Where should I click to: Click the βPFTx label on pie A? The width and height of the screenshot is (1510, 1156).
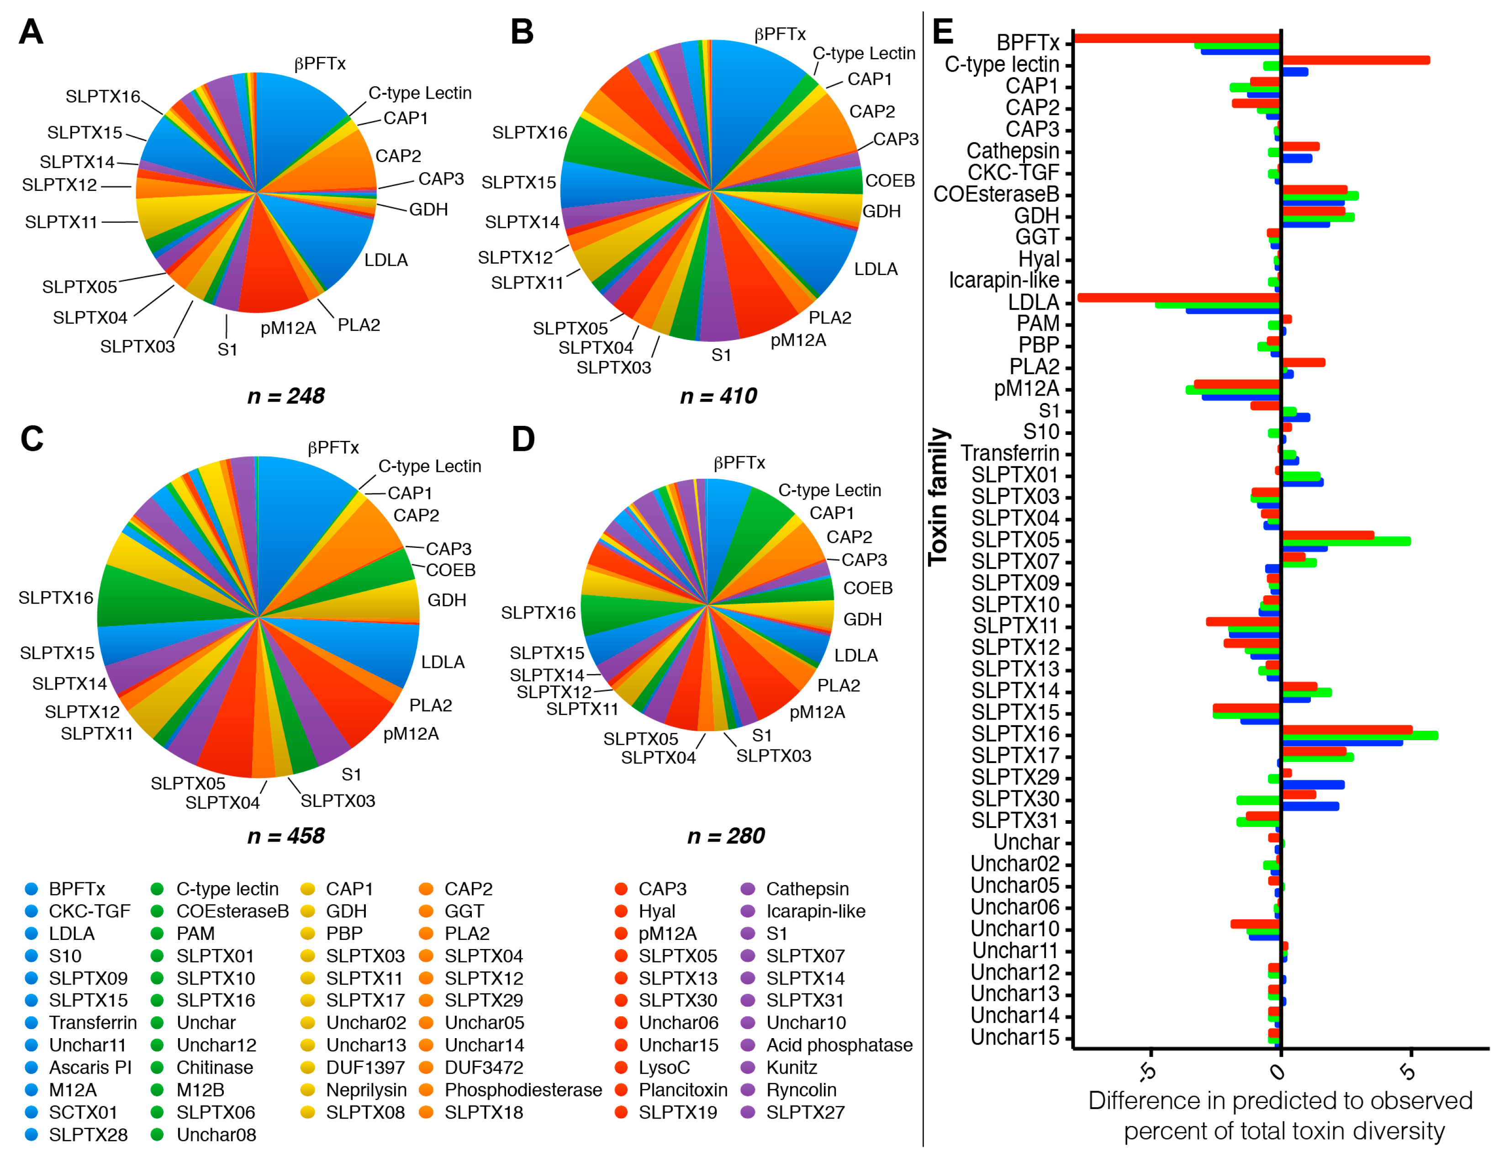320,64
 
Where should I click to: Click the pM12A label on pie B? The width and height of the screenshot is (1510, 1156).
797,340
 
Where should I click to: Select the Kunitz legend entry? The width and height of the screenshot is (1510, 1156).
791,1067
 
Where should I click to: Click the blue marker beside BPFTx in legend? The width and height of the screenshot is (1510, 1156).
31,889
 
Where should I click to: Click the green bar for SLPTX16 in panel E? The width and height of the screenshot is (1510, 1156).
1359,736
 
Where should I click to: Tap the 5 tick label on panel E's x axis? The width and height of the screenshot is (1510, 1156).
1408,1071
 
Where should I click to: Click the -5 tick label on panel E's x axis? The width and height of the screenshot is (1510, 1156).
1147,1071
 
